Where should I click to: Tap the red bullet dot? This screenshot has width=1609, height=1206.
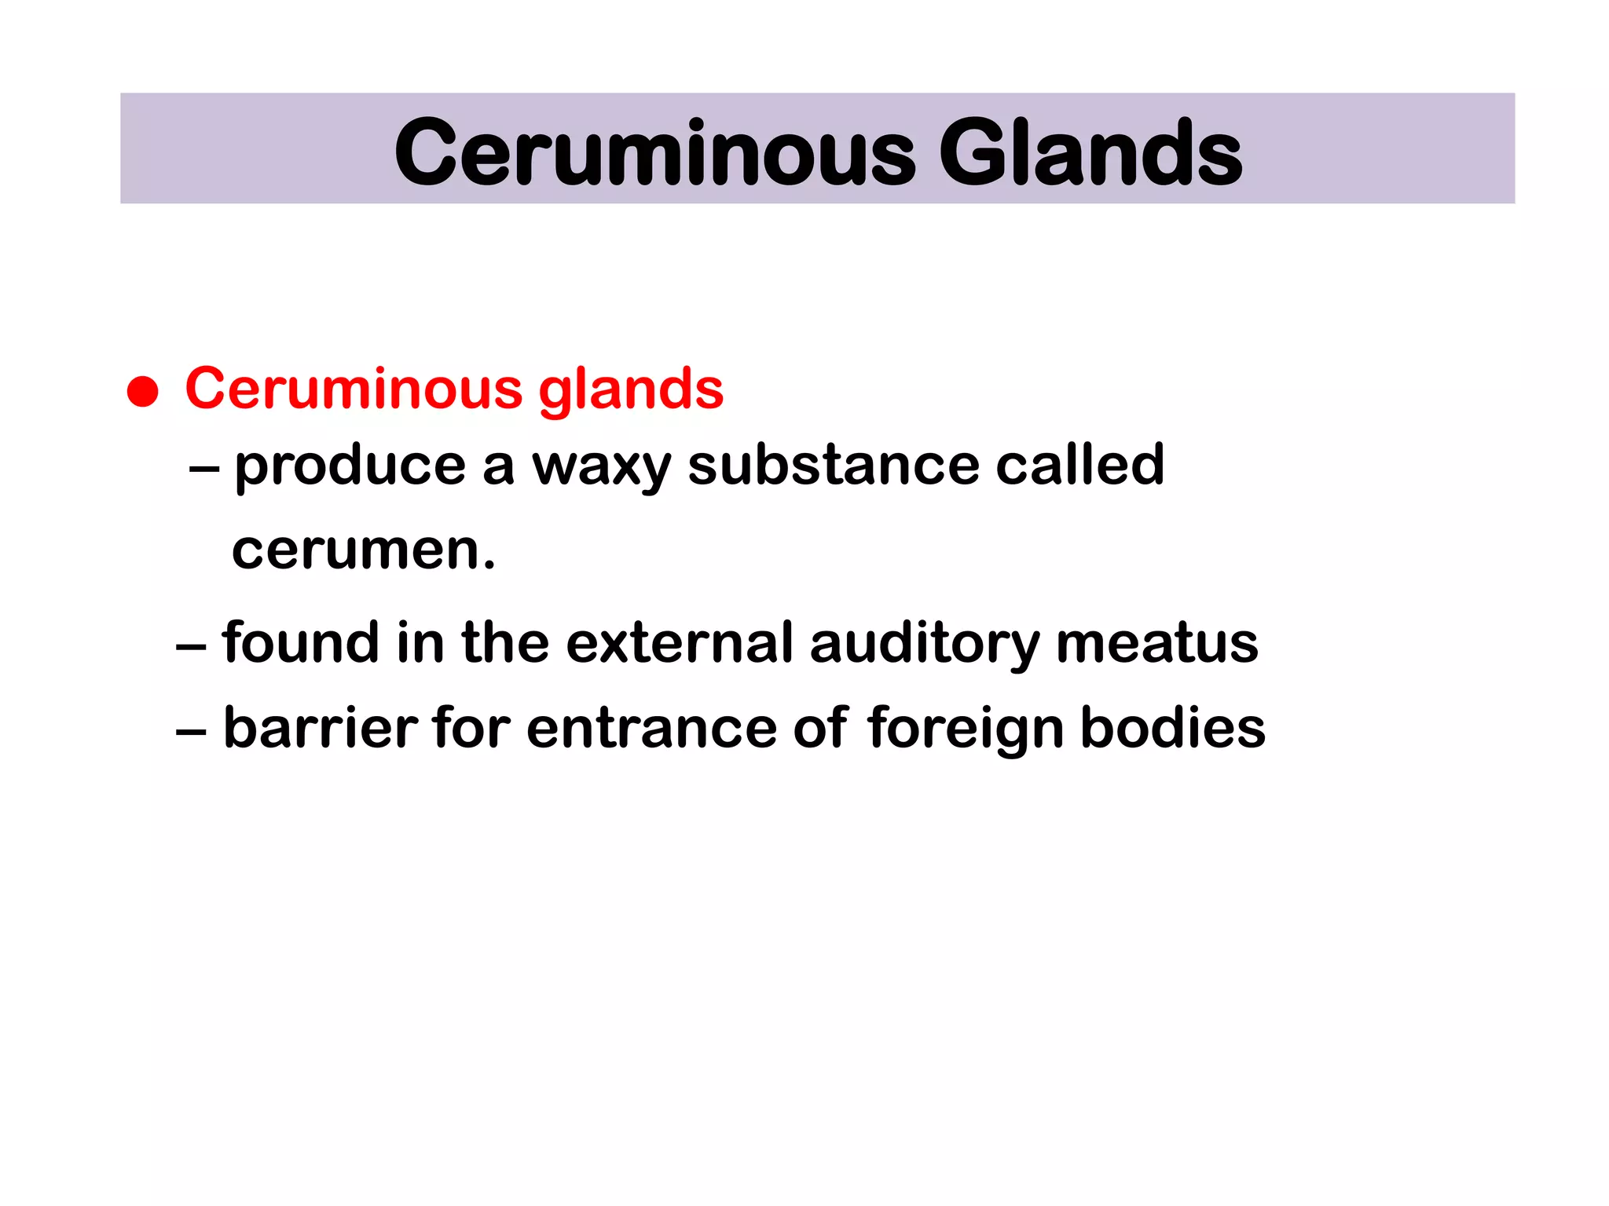click(x=143, y=391)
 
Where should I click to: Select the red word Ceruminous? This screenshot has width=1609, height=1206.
click(x=354, y=388)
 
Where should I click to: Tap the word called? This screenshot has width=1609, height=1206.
click(x=1079, y=465)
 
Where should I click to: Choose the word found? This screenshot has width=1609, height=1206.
click(x=300, y=642)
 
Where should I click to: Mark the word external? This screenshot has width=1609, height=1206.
click(x=680, y=642)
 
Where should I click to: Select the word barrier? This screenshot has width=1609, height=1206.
click(x=321, y=727)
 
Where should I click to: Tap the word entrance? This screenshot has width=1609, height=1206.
click(x=651, y=729)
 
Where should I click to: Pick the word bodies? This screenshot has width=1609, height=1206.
click(x=1173, y=727)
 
